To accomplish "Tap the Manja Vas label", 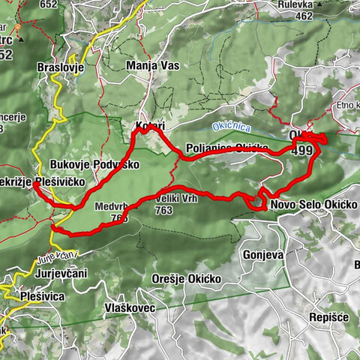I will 153,66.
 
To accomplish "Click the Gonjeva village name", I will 262,255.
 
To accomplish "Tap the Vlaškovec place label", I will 130,307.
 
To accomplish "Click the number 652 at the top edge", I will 49,4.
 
